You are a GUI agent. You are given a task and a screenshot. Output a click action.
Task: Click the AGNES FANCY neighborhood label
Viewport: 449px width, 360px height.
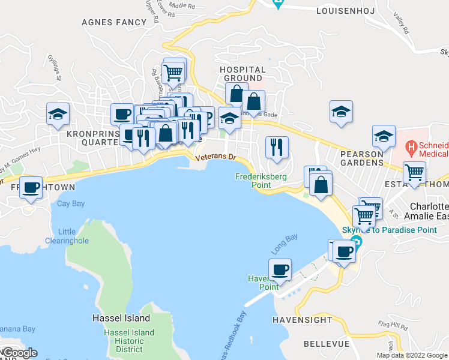[114, 22]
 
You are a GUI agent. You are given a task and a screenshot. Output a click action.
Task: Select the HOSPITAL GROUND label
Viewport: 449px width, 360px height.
[243, 74]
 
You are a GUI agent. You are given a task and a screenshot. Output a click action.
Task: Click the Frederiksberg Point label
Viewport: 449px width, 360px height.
[261, 181]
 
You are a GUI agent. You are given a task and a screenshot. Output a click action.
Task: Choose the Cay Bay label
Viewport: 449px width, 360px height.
[70, 203]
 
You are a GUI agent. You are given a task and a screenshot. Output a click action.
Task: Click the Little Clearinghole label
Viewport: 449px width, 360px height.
[67, 236]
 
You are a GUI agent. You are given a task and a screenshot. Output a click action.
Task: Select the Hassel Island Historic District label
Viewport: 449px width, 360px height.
[129, 341]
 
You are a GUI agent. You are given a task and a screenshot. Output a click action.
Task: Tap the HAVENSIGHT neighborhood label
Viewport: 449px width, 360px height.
[302, 320]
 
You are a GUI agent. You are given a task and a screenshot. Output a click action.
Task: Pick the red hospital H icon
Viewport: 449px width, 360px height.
[411, 146]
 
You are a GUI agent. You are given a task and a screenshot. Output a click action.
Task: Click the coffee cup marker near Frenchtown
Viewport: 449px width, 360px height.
[31, 188]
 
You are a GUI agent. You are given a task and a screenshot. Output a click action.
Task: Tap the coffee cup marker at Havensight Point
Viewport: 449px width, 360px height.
[280, 270]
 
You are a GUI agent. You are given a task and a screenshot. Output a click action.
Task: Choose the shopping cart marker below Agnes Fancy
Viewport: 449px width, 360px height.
[173, 73]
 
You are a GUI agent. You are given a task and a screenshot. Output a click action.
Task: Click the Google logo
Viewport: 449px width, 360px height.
[19, 353]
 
